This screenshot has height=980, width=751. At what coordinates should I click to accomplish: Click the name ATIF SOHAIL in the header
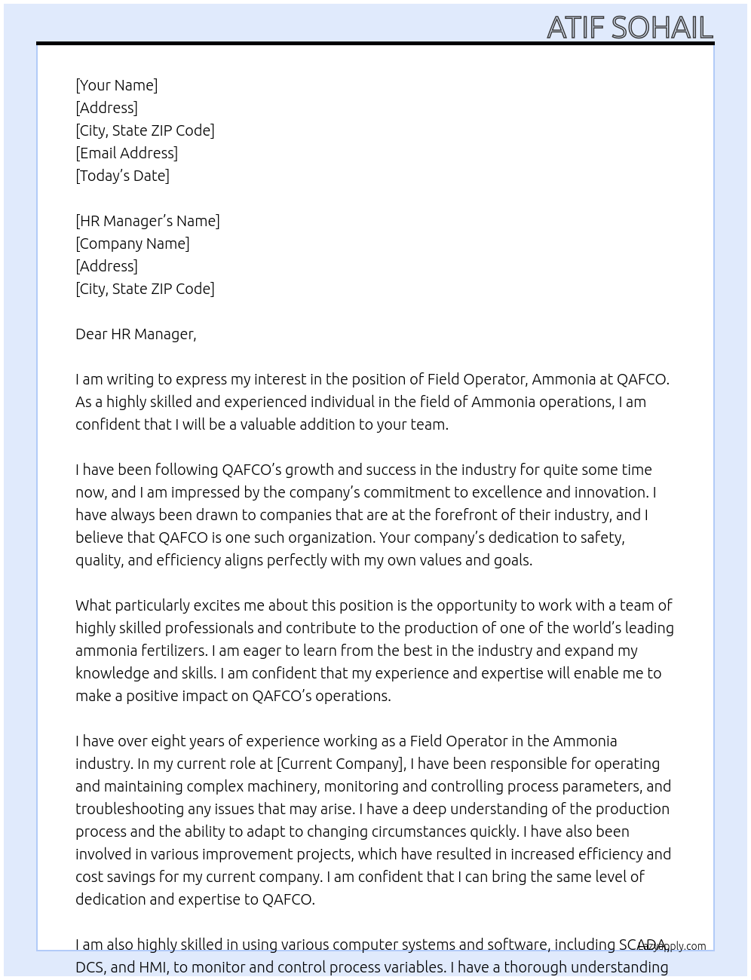pos(630,27)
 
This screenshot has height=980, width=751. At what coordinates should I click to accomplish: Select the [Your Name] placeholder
pos(116,85)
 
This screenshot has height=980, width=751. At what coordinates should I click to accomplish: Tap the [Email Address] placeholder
pos(127,153)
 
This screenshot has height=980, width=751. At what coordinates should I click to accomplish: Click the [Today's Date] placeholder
pos(122,176)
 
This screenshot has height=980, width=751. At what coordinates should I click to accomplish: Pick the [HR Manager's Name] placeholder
pos(148,221)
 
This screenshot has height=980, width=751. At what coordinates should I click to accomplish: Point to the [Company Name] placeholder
pos(133,243)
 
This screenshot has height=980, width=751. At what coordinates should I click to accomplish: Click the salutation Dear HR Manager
pos(136,334)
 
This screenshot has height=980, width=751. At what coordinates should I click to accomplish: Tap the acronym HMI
pos(153,967)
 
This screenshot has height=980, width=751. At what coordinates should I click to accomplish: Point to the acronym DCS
pos(90,967)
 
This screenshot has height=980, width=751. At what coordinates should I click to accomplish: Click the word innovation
pos(612,492)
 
